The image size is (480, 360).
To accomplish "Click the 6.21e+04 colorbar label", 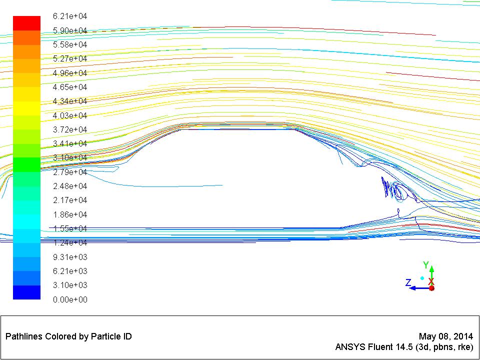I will tap(70, 16).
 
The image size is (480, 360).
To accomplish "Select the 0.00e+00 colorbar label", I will tap(70, 299).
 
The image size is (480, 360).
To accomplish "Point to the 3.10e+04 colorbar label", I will tap(70, 158).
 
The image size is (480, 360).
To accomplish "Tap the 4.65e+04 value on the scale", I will tap(70, 87).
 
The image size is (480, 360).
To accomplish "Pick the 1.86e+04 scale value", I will tap(70, 214).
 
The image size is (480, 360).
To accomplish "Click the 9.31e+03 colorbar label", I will tap(70, 257).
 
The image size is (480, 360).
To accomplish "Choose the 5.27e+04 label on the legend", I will tap(70, 59).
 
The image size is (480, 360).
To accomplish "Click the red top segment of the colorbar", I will tap(26, 23).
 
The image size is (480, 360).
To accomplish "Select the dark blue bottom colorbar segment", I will tap(26, 292).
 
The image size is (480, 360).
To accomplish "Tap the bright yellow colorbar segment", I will tap(26, 108).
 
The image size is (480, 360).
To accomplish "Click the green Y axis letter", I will tap(426, 265).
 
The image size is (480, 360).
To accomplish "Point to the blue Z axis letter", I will tap(408, 283).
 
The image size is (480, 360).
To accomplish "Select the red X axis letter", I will tap(431, 281).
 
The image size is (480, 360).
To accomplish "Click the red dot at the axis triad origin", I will tap(431, 288).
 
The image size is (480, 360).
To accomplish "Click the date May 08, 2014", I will tap(445, 336).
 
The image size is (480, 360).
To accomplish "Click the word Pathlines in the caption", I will tap(23, 336).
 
